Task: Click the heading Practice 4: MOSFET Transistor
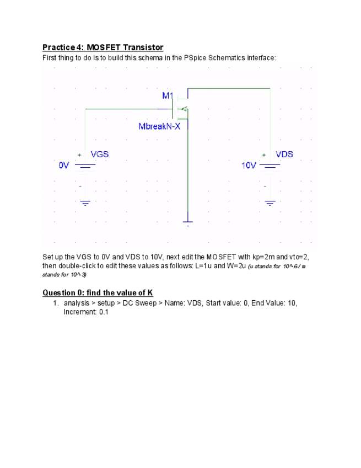coord(103,47)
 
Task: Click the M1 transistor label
coord(168,95)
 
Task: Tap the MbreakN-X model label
coord(159,126)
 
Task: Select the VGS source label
coord(100,154)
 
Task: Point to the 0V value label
coord(64,165)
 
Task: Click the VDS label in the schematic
coord(284,154)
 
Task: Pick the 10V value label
coord(249,165)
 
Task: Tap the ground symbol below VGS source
coord(85,203)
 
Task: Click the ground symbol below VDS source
coord(270,203)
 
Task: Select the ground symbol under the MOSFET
coord(188,222)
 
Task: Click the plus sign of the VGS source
coord(79,155)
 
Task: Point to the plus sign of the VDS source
coord(264,155)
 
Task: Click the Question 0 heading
coord(98,292)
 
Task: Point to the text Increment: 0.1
coord(86,312)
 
